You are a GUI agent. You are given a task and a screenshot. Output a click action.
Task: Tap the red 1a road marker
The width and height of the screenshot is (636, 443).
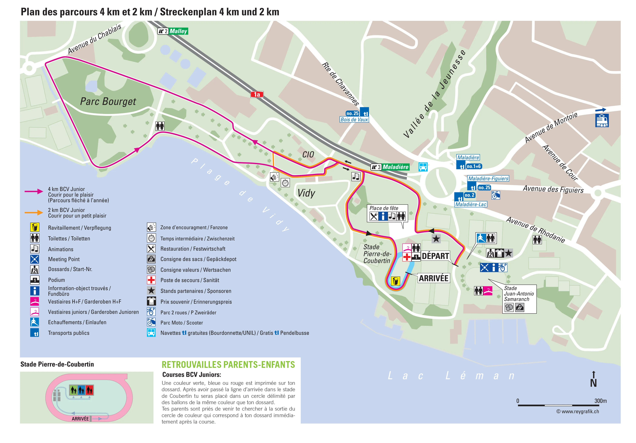click(x=257, y=95)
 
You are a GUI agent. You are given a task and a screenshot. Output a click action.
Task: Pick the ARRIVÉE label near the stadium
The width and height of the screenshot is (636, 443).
click(x=434, y=278)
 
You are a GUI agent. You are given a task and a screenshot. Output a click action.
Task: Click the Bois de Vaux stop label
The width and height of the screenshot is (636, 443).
click(x=354, y=120)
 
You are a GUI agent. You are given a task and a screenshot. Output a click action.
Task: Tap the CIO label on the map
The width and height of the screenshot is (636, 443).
click(x=308, y=155)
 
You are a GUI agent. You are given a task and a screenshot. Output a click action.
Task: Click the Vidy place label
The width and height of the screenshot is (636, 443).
click(x=306, y=193)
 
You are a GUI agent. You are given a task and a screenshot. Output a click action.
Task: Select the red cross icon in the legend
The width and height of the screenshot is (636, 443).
click(x=151, y=280)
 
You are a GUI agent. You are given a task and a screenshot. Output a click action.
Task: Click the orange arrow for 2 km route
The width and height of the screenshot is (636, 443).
click(x=34, y=213)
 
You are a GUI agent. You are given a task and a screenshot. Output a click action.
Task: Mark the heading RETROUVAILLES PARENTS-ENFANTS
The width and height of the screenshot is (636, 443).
click(x=228, y=365)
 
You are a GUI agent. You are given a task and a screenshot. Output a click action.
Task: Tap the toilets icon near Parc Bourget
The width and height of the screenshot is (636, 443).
click(x=160, y=126)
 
